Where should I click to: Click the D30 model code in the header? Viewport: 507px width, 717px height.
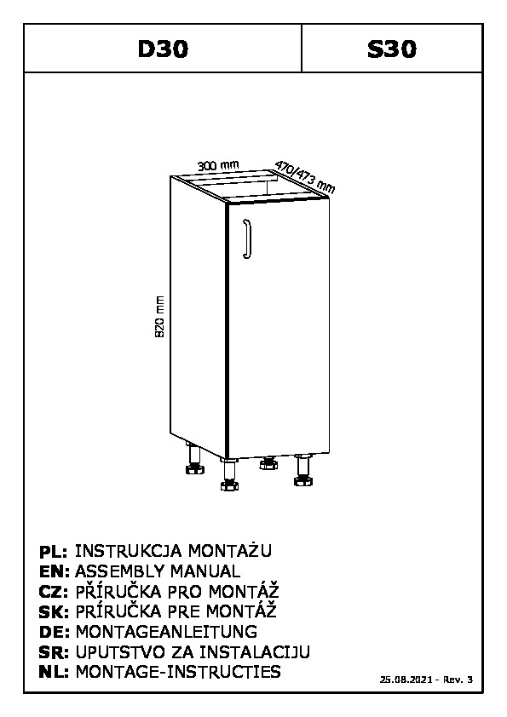[163, 49]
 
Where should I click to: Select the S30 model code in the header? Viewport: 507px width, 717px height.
[392, 49]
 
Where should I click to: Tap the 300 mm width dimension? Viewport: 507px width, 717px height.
[218, 165]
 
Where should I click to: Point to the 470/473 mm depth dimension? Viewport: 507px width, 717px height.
[305, 177]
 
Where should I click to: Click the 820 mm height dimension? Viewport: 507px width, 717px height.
[159, 317]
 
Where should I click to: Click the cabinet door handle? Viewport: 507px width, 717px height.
[248, 239]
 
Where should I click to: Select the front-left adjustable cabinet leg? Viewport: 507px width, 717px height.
[229, 474]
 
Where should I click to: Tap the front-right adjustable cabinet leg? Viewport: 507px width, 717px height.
[302, 469]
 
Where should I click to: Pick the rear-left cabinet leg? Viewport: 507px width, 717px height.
[194, 458]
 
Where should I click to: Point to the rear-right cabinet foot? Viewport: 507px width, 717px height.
[268, 462]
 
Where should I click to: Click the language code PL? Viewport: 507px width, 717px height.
[54, 552]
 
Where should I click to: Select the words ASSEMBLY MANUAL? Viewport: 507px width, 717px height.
[158, 571]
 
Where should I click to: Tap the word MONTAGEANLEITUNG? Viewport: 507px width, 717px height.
[166, 632]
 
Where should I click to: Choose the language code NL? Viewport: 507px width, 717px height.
[54, 672]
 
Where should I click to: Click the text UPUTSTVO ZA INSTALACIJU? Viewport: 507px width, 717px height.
[193, 651]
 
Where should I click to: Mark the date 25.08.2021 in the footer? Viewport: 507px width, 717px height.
[406, 680]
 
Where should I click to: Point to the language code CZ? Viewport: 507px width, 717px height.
[54, 592]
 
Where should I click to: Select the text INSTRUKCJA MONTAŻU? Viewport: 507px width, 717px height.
[173, 551]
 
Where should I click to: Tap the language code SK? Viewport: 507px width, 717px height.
[54, 611]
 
